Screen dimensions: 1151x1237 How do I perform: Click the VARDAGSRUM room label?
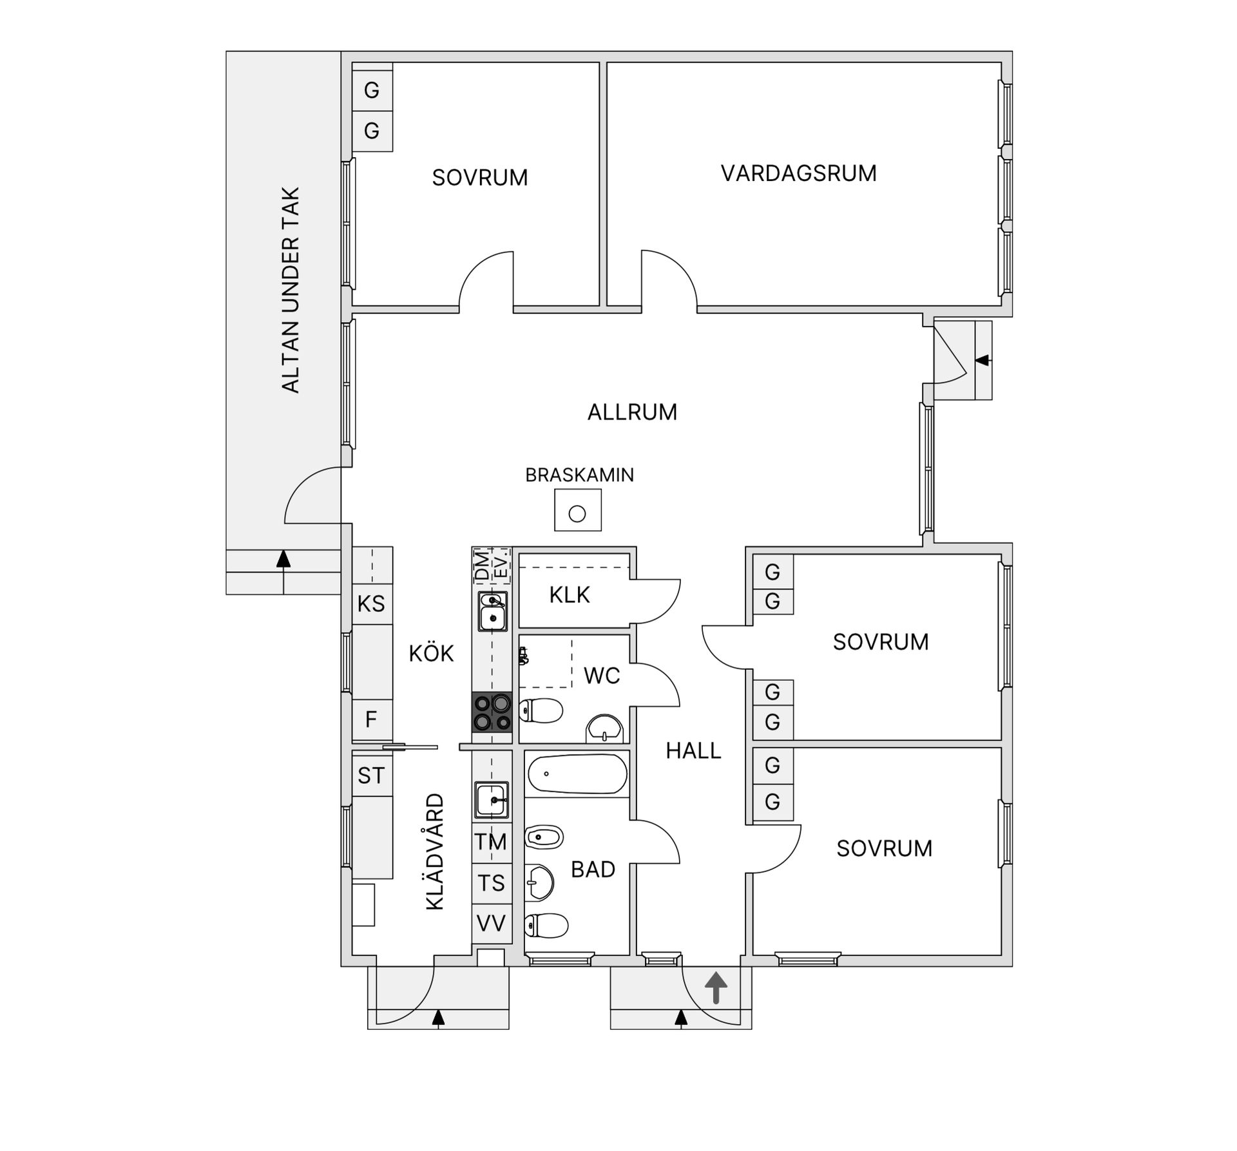[x=798, y=173]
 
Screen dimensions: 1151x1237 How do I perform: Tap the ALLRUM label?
[x=632, y=412]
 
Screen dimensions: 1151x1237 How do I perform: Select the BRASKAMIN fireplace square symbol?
[x=578, y=510]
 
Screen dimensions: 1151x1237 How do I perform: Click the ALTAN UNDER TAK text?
[x=291, y=290]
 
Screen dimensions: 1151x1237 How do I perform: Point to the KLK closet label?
[x=569, y=595]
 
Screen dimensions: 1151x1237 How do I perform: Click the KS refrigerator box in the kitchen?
[x=372, y=604]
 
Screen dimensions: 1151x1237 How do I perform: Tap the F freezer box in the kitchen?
[x=372, y=719]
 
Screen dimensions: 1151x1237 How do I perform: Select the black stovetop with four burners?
[x=492, y=712]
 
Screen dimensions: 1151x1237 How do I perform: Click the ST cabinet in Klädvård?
[x=372, y=775]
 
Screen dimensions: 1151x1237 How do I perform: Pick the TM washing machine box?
[x=492, y=841]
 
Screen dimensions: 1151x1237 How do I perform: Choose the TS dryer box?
[x=492, y=882]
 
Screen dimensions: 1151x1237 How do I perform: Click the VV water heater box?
[x=492, y=924]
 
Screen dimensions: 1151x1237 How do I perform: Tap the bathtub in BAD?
[x=577, y=774]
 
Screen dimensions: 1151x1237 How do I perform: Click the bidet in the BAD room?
[x=544, y=837]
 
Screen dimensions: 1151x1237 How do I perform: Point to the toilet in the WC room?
[x=541, y=711]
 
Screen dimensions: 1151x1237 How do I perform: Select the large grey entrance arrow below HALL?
[x=716, y=987]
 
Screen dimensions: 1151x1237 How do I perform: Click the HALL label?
[x=693, y=750]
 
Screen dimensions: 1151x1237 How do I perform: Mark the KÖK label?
[x=431, y=654]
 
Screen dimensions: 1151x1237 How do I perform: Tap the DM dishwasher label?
[x=481, y=565]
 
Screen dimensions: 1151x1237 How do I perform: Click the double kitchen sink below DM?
[x=492, y=611]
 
